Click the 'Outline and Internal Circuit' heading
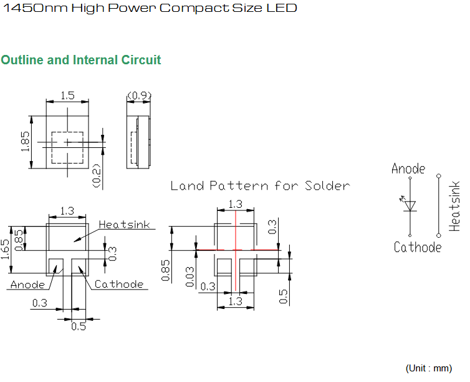point(81,60)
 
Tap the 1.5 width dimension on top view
point(67,95)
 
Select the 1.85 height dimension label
point(25,141)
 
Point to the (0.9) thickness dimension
point(140,95)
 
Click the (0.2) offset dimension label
point(97,176)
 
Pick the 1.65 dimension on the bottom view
point(5,250)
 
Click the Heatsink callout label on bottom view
point(125,225)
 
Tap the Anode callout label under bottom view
point(27,285)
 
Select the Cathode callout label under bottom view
point(119,284)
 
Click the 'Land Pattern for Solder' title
point(260,186)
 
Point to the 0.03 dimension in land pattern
point(189,277)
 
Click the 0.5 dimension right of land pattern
point(283,296)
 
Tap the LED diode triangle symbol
point(410,206)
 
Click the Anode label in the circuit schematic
point(408,169)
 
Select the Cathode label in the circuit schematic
point(418,247)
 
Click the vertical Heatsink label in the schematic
point(454,206)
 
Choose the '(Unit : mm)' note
point(429,368)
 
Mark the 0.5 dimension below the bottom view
point(79,326)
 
